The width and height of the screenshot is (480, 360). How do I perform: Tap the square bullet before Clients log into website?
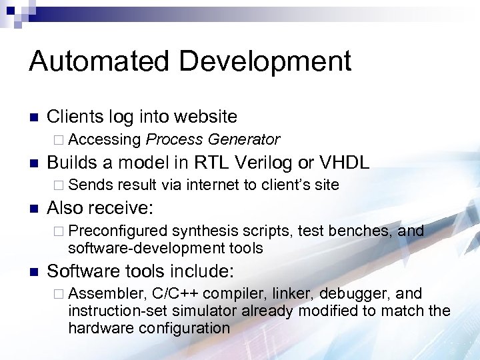33,118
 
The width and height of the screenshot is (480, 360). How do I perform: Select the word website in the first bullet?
206,117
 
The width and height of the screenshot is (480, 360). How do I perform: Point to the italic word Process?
174,139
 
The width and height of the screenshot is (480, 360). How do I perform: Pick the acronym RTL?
213,163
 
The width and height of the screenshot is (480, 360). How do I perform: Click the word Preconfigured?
117,231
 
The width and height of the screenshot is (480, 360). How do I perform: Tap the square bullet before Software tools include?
33,272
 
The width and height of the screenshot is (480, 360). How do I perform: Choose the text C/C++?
177,294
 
